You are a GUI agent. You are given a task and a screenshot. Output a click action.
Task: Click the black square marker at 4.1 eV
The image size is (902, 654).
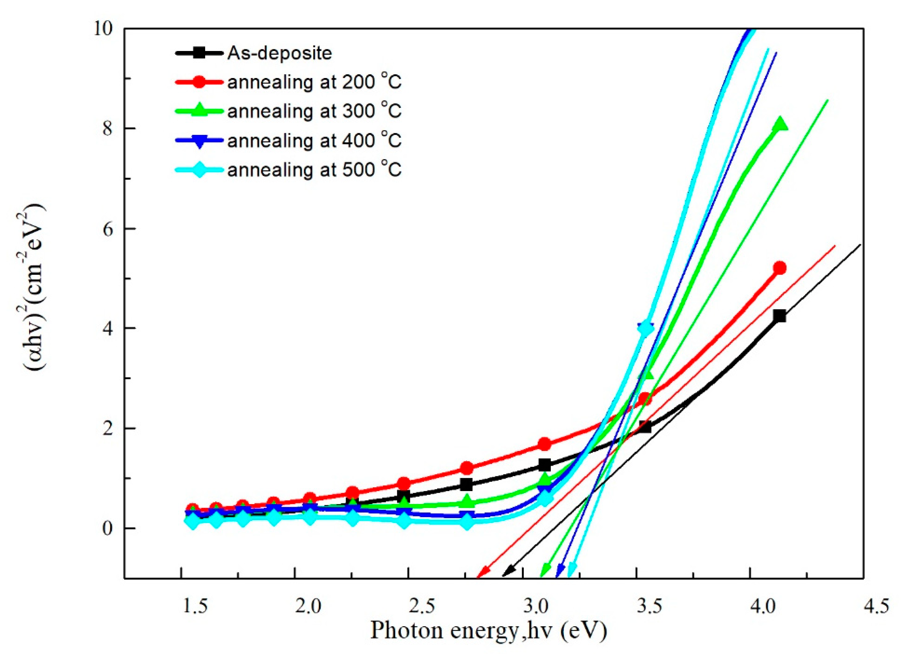pos(780,316)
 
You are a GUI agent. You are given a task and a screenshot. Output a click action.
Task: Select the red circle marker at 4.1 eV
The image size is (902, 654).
pos(780,268)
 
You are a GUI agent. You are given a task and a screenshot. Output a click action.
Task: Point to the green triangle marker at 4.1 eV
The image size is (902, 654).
pos(780,125)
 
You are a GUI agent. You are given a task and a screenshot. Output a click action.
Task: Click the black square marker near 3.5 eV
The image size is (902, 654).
pos(645,427)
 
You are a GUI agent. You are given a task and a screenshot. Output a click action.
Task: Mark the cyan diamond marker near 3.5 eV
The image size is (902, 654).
pos(646,329)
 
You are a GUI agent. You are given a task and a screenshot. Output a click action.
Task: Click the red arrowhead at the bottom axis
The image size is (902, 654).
pos(483,572)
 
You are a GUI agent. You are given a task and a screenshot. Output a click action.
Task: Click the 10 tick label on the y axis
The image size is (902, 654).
pos(104,29)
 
